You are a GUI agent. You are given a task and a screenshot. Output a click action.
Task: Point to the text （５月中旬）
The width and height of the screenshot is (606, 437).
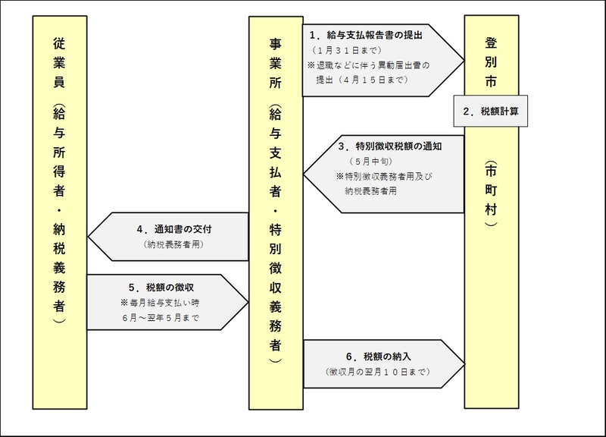coord(375,162)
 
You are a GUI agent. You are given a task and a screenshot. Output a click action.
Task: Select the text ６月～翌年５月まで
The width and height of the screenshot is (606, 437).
coord(164,318)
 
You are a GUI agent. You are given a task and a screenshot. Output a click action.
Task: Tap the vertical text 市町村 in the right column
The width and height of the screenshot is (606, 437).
coord(492,193)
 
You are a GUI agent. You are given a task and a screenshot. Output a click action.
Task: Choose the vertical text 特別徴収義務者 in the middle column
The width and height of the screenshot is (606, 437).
coord(276,288)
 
